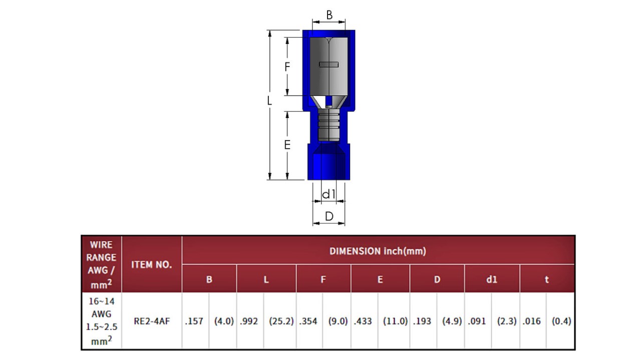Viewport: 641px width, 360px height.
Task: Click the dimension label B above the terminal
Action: (330, 15)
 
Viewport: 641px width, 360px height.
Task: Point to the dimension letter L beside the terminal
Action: (269, 101)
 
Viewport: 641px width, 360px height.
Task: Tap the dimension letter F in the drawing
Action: (287, 67)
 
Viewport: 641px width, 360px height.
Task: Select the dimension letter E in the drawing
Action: (287, 145)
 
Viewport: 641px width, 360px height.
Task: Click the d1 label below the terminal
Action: (329, 194)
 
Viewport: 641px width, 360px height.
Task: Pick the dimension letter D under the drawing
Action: (330, 216)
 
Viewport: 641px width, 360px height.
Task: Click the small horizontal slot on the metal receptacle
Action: (329, 65)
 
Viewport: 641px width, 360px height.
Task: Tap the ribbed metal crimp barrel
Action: (329, 125)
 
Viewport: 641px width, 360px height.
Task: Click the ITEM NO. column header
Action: (151, 265)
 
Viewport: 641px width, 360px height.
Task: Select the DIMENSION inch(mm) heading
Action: (378, 251)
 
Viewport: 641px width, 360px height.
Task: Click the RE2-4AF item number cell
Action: (152, 321)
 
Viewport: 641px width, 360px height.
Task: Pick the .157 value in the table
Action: (194, 321)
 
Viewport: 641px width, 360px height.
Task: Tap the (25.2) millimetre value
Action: (281, 321)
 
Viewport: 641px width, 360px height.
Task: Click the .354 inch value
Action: (308, 321)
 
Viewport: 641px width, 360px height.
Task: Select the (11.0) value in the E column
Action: (395, 321)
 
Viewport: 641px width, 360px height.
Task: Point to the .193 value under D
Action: (422, 321)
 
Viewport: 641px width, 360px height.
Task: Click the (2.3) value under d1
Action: (506, 321)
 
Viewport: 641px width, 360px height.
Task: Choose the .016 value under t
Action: (531, 321)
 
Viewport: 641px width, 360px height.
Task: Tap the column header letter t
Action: (546, 279)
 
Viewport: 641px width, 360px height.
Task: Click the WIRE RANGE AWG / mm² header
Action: (101, 264)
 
